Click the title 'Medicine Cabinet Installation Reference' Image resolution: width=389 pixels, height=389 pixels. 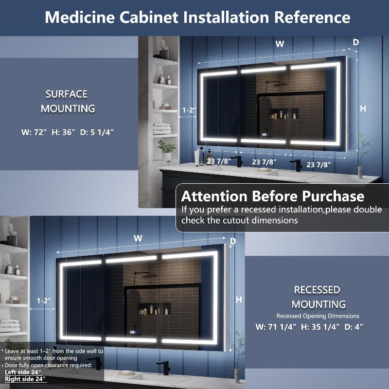[197, 17]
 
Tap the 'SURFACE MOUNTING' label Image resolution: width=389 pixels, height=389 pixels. [67, 101]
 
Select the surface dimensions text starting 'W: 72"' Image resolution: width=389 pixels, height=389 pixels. [68, 132]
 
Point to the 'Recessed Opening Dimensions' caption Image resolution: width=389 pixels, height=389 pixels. [318, 316]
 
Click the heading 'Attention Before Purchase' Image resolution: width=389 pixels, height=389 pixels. [272, 196]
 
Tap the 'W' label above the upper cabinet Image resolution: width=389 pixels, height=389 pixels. [280, 44]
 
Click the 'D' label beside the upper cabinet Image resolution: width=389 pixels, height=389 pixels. [355, 42]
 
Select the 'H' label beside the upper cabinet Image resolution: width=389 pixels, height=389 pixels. [363, 109]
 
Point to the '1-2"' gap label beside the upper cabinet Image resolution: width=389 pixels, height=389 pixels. [189, 110]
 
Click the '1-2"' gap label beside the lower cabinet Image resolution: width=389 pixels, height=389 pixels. [44, 301]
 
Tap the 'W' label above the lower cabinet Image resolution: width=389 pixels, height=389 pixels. [138, 238]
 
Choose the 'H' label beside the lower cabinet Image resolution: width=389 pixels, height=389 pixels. [239, 300]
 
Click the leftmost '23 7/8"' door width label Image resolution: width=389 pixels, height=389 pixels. [217, 161]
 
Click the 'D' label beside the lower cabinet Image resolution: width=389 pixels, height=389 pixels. [233, 241]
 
